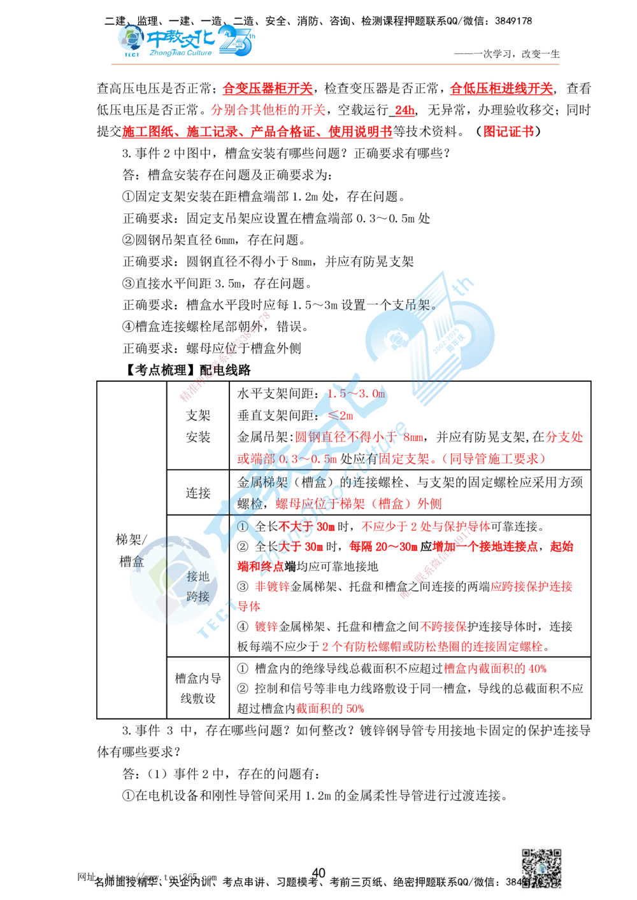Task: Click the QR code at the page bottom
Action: [x=540, y=870]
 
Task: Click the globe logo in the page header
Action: [x=131, y=39]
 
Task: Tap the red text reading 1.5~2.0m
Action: [x=357, y=394]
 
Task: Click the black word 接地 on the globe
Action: [x=197, y=577]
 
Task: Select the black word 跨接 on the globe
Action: [x=197, y=597]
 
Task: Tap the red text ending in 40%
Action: [x=495, y=669]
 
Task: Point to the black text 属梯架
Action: [x=266, y=482]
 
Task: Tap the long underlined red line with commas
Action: [x=257, y=132]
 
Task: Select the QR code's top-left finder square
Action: [x=528, y=855]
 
